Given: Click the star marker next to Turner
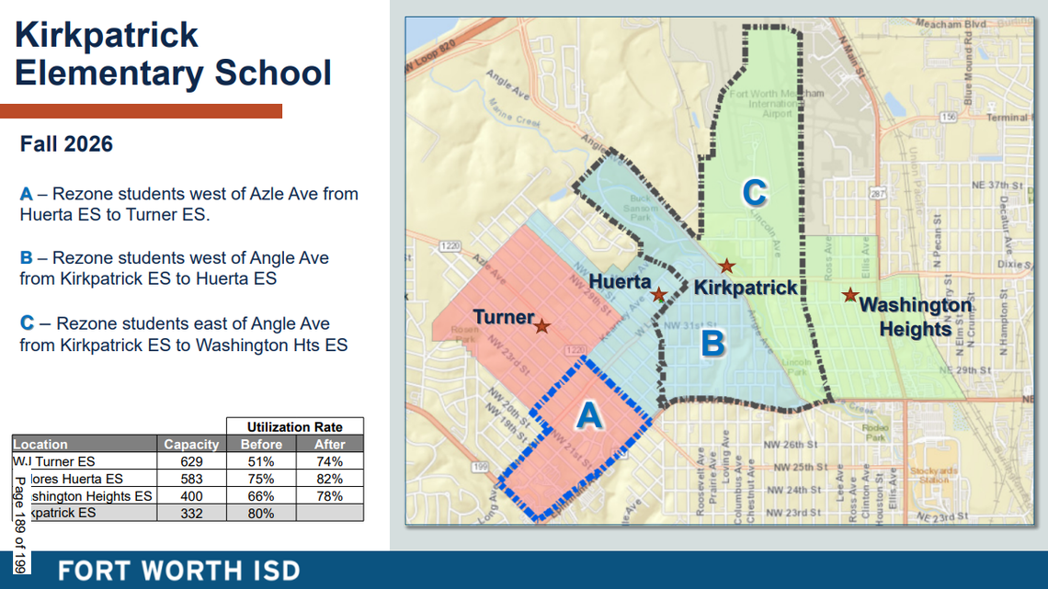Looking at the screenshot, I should pos(542,325).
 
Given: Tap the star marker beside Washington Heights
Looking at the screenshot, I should pos(850,295).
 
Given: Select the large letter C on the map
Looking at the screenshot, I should pos(754,193).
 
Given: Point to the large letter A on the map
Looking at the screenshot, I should pos(589,416).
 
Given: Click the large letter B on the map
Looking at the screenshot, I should pos(713,344).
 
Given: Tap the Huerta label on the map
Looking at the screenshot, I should pos(620,281).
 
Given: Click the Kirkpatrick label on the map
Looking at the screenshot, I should pos(746,288).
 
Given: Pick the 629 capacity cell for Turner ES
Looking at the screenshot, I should pos(190,461).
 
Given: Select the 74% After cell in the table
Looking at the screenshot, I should pos(329,461).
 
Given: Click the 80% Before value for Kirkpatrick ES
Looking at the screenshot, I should pos(260,513).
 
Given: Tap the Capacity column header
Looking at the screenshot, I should pos(191,444).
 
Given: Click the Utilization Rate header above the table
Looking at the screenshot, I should pos(294,426).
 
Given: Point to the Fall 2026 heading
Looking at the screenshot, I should pos(66,144).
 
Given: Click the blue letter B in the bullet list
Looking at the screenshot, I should pos(26,258).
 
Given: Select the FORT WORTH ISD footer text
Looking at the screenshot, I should pos(179,570).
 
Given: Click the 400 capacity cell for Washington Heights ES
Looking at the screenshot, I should pos(190,495).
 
